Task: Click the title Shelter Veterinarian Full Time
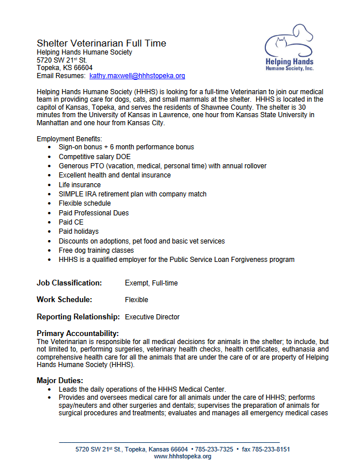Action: [101, 43]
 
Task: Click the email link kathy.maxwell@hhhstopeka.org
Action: [137, 76]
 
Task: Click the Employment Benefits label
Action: [69, 139]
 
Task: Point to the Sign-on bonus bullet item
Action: [126, 148]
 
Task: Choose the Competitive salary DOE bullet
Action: [98, 157]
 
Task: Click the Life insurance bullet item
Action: [79, 185]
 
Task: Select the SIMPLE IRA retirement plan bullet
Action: [132, 194]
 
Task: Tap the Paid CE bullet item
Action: [71, 222]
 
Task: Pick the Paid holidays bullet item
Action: [78, 231]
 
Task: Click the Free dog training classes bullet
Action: [96, 250]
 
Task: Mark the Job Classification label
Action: [69, 283]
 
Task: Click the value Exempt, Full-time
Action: [151, 283]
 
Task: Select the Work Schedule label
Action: [64, 300]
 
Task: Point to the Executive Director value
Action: [152, 317]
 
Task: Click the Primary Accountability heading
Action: [78, 333]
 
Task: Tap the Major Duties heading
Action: [60, 380]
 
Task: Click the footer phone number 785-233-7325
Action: [214, 449]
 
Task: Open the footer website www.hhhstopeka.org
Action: [183, 457]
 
